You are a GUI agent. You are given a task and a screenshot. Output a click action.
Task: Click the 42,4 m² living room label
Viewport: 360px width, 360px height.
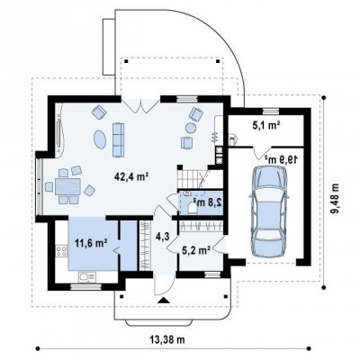132,176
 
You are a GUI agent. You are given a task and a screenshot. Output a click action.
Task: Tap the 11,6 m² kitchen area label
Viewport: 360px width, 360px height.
92,243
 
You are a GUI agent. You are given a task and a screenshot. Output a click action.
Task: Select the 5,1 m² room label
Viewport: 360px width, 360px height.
266,124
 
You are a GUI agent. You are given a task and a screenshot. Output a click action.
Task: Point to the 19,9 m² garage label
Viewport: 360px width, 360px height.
282,159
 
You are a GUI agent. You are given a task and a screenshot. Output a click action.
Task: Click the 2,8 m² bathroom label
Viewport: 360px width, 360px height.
207,202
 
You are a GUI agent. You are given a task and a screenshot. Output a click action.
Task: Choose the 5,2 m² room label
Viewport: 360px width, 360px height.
196,249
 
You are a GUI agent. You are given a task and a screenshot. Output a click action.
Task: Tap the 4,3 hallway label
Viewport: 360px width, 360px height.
163,237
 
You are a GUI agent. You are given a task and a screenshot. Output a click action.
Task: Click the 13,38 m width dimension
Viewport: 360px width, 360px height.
166,339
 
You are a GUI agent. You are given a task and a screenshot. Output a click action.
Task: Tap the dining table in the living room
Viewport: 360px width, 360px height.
67,187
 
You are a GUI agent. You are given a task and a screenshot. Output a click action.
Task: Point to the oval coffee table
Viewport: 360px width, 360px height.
100,139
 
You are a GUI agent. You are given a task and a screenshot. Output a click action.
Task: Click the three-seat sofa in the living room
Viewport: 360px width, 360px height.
118,139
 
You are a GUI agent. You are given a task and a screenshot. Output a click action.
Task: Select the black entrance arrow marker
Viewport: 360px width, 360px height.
163,301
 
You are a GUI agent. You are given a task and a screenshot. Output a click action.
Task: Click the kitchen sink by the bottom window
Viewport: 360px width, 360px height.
87,276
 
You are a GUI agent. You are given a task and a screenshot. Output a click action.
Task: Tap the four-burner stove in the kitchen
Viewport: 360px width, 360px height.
61,251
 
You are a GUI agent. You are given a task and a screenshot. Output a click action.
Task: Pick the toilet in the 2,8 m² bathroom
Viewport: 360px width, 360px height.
192,209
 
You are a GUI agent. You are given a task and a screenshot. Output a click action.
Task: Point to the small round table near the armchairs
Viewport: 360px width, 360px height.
191,128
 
